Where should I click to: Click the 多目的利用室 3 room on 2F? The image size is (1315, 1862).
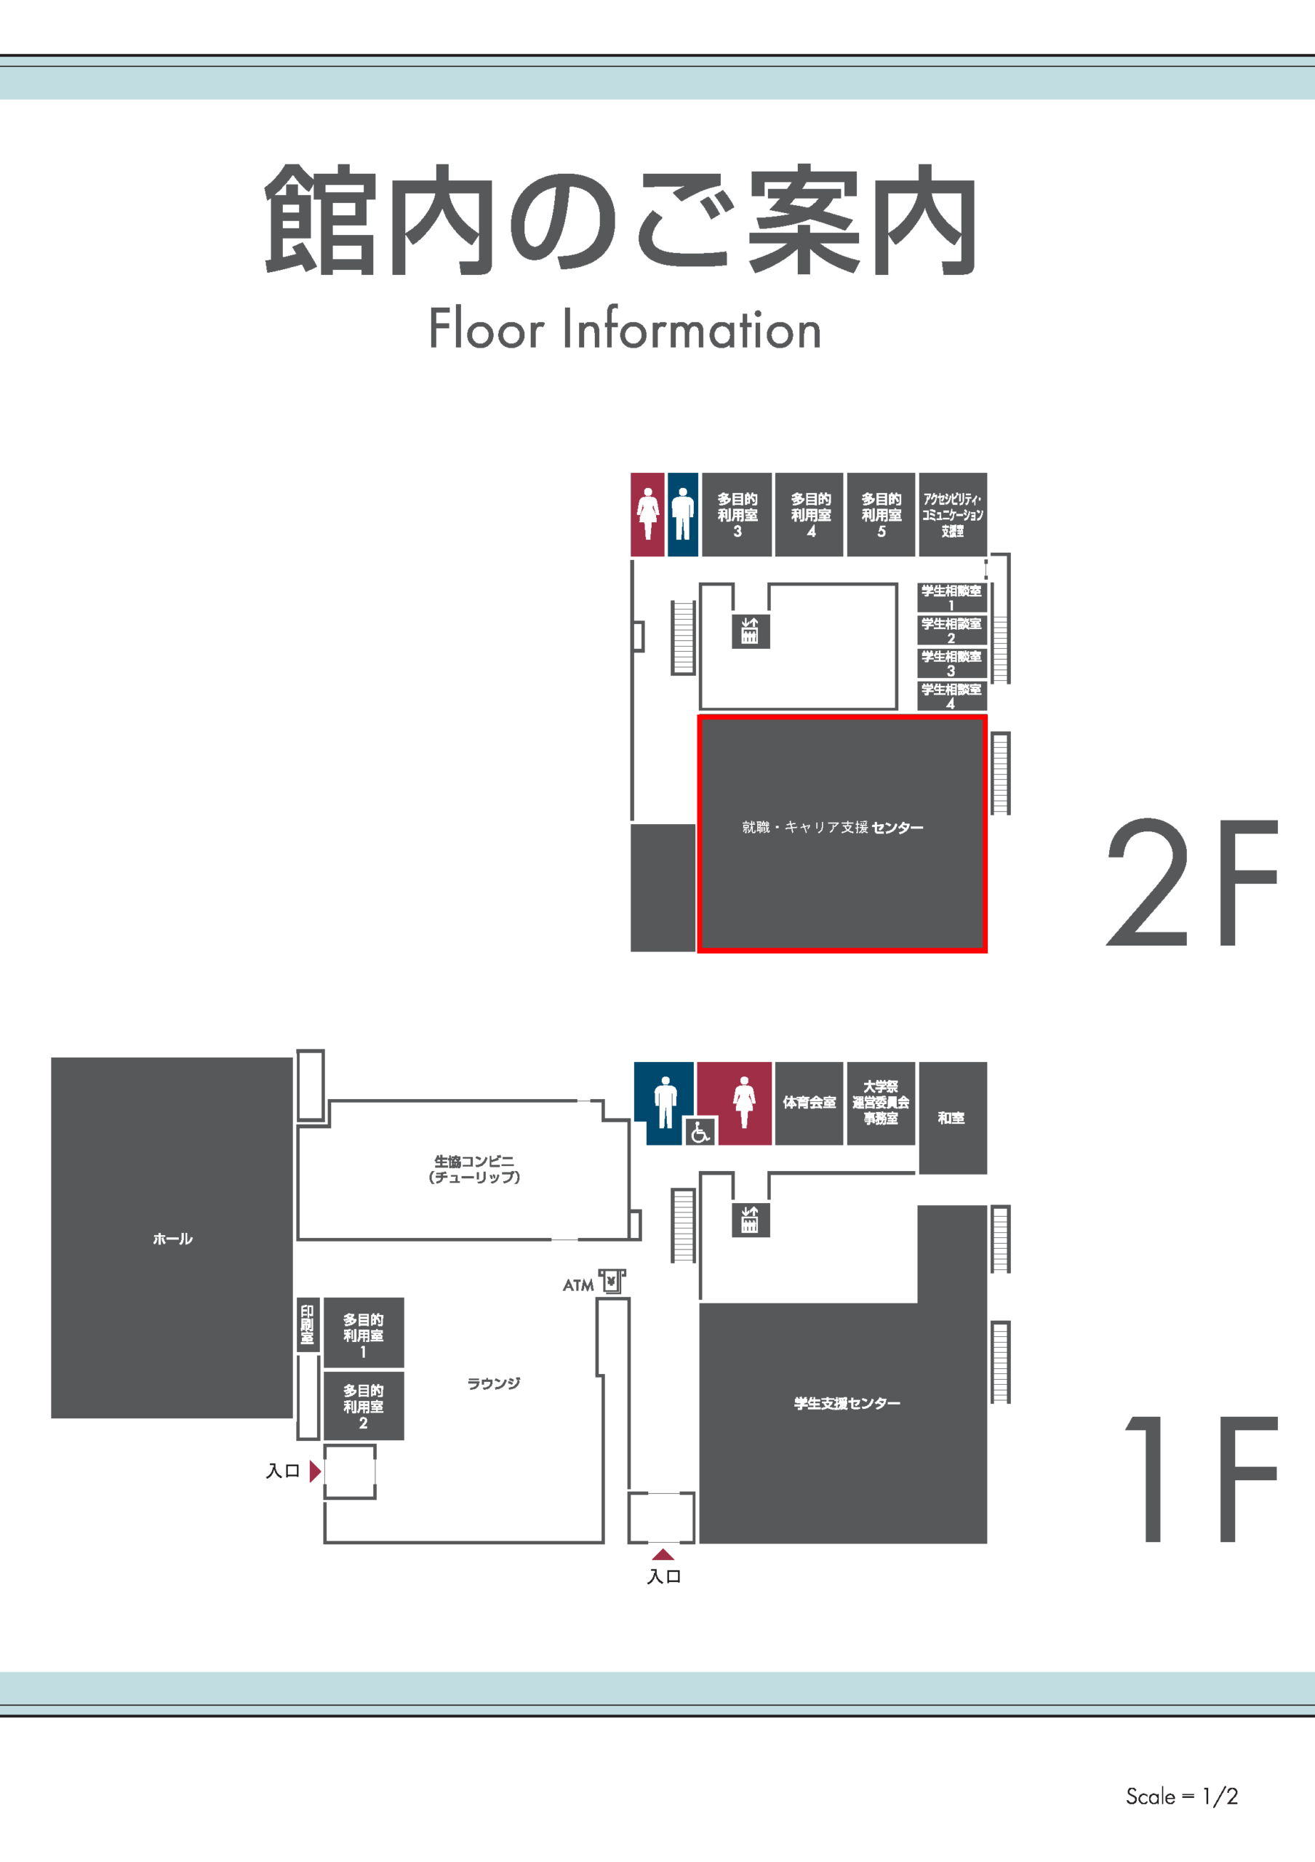[736, 515]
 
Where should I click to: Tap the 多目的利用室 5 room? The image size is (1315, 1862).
[881, 515]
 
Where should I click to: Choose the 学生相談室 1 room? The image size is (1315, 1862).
[952, 598]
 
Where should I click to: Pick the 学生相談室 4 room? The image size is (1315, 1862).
[952, 696]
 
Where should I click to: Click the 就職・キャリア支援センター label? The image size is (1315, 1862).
[833, 827]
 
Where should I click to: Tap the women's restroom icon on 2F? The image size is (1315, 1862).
[648, 514]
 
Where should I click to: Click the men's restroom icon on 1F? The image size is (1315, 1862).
[666, 1102]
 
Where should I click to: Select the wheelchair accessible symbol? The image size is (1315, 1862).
[700, 1130]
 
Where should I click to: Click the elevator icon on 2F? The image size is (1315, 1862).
[750, 631]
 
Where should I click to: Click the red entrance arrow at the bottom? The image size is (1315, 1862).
[663, 1554]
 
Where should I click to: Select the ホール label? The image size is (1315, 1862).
[172, 1239]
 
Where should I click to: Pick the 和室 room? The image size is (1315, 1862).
[953, 1117]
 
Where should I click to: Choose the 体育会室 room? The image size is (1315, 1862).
[809, 1103]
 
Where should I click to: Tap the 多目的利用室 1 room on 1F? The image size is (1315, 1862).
[363, 1332]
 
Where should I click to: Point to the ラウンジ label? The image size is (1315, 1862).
[494, 1383]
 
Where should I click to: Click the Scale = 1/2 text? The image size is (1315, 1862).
[1182, 1797]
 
